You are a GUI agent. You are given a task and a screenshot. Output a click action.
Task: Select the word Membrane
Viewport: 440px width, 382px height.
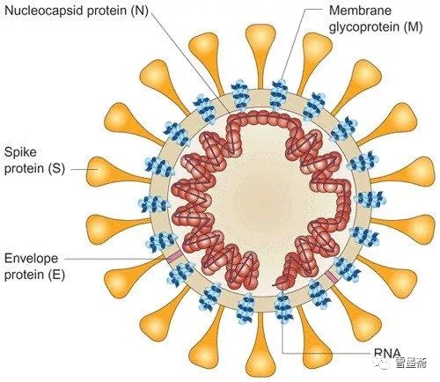coord(360,11)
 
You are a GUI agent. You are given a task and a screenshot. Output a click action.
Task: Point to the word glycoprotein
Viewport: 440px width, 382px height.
coord(363,27)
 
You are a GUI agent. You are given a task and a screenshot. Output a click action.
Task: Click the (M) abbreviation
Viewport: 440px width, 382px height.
coord(413,27)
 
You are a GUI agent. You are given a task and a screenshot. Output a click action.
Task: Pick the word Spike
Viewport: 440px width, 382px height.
coord(20,152)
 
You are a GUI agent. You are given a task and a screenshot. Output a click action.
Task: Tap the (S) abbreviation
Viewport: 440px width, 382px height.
coord(56,169)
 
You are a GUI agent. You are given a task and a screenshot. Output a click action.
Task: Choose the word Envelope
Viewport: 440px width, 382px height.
coord(32,259)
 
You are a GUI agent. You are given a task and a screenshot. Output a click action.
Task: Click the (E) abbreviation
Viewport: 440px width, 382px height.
coord(56,275)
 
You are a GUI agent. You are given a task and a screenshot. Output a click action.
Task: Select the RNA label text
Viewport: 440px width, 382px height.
coord(387,352)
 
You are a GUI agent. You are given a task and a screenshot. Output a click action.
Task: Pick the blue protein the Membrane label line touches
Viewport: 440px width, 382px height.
coord(279,94)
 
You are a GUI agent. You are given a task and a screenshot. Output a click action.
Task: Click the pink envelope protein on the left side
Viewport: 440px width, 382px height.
coord(174,257)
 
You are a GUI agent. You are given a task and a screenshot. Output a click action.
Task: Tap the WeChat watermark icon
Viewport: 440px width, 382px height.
coord(384,363)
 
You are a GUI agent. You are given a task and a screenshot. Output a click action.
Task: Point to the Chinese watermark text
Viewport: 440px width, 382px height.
coord(411,363)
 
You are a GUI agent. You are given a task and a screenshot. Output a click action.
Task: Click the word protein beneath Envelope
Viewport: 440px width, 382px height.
coord(25,275)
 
